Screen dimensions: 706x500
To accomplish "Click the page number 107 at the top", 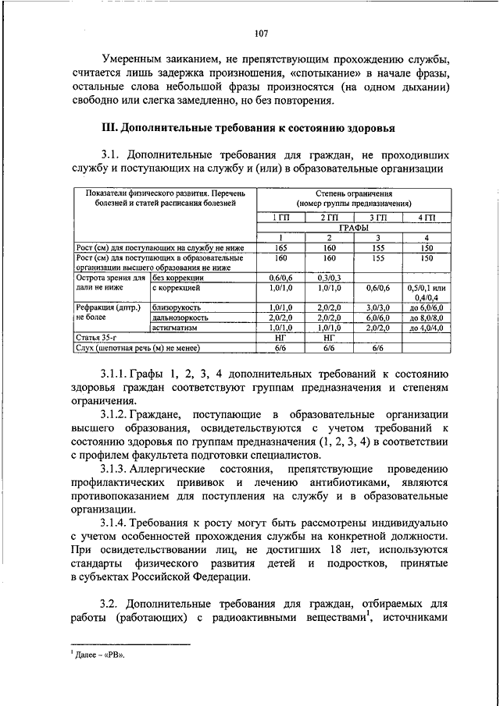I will [261, 33].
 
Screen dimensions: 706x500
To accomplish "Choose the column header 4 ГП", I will [427, 216].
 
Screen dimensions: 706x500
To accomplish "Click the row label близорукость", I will [177, 309].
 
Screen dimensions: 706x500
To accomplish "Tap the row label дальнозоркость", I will [180, 318].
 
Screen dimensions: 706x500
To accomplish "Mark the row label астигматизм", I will [177, 328].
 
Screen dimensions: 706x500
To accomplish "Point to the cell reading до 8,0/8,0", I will [427, 318].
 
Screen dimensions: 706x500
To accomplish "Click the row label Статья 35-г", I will [96, 338].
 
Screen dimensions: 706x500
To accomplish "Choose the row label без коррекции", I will [179, 278].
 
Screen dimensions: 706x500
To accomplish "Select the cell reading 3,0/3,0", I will [378, 309].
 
